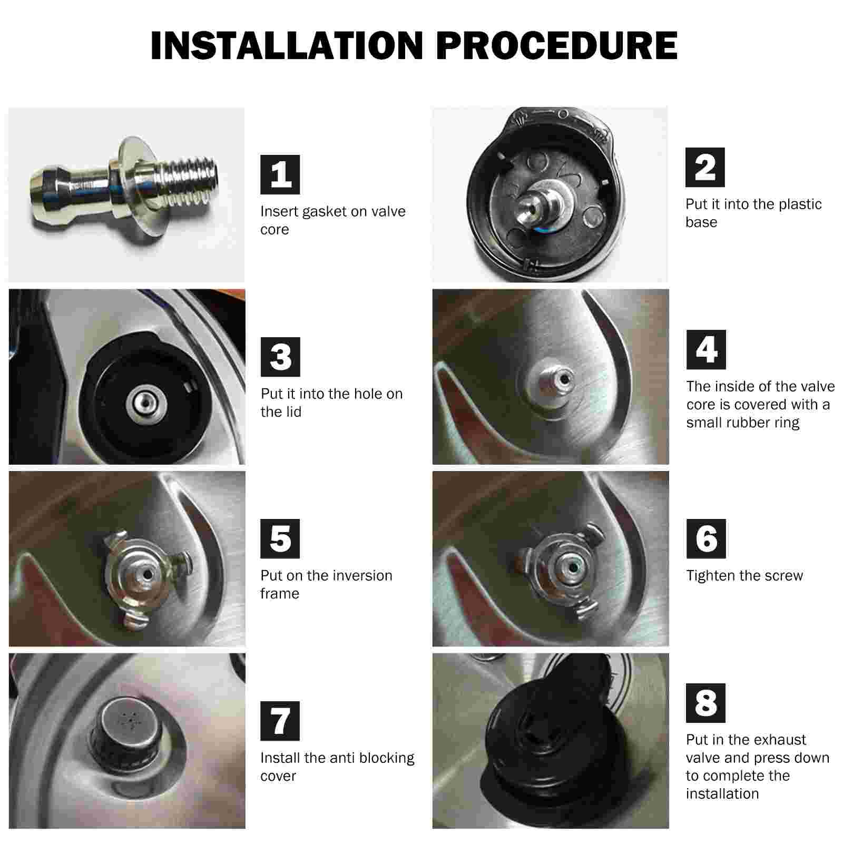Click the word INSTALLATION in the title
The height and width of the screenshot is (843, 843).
point(287,46)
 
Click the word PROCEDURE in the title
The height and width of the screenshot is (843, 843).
point(557,46)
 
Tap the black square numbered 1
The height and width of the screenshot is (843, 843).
point(280,174)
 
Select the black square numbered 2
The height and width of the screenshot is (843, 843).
point(705,168)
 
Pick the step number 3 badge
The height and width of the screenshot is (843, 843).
point(280,357)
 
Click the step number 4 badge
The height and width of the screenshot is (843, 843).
point(706,349)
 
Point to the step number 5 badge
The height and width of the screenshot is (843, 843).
point(280,538)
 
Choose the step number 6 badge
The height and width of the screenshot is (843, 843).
point(706,538)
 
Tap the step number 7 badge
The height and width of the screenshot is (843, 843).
point(280,721)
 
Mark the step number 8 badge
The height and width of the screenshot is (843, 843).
point(705,703)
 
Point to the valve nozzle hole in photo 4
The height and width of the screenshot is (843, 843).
point(565,379)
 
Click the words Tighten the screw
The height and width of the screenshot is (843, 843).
point(744,576)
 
